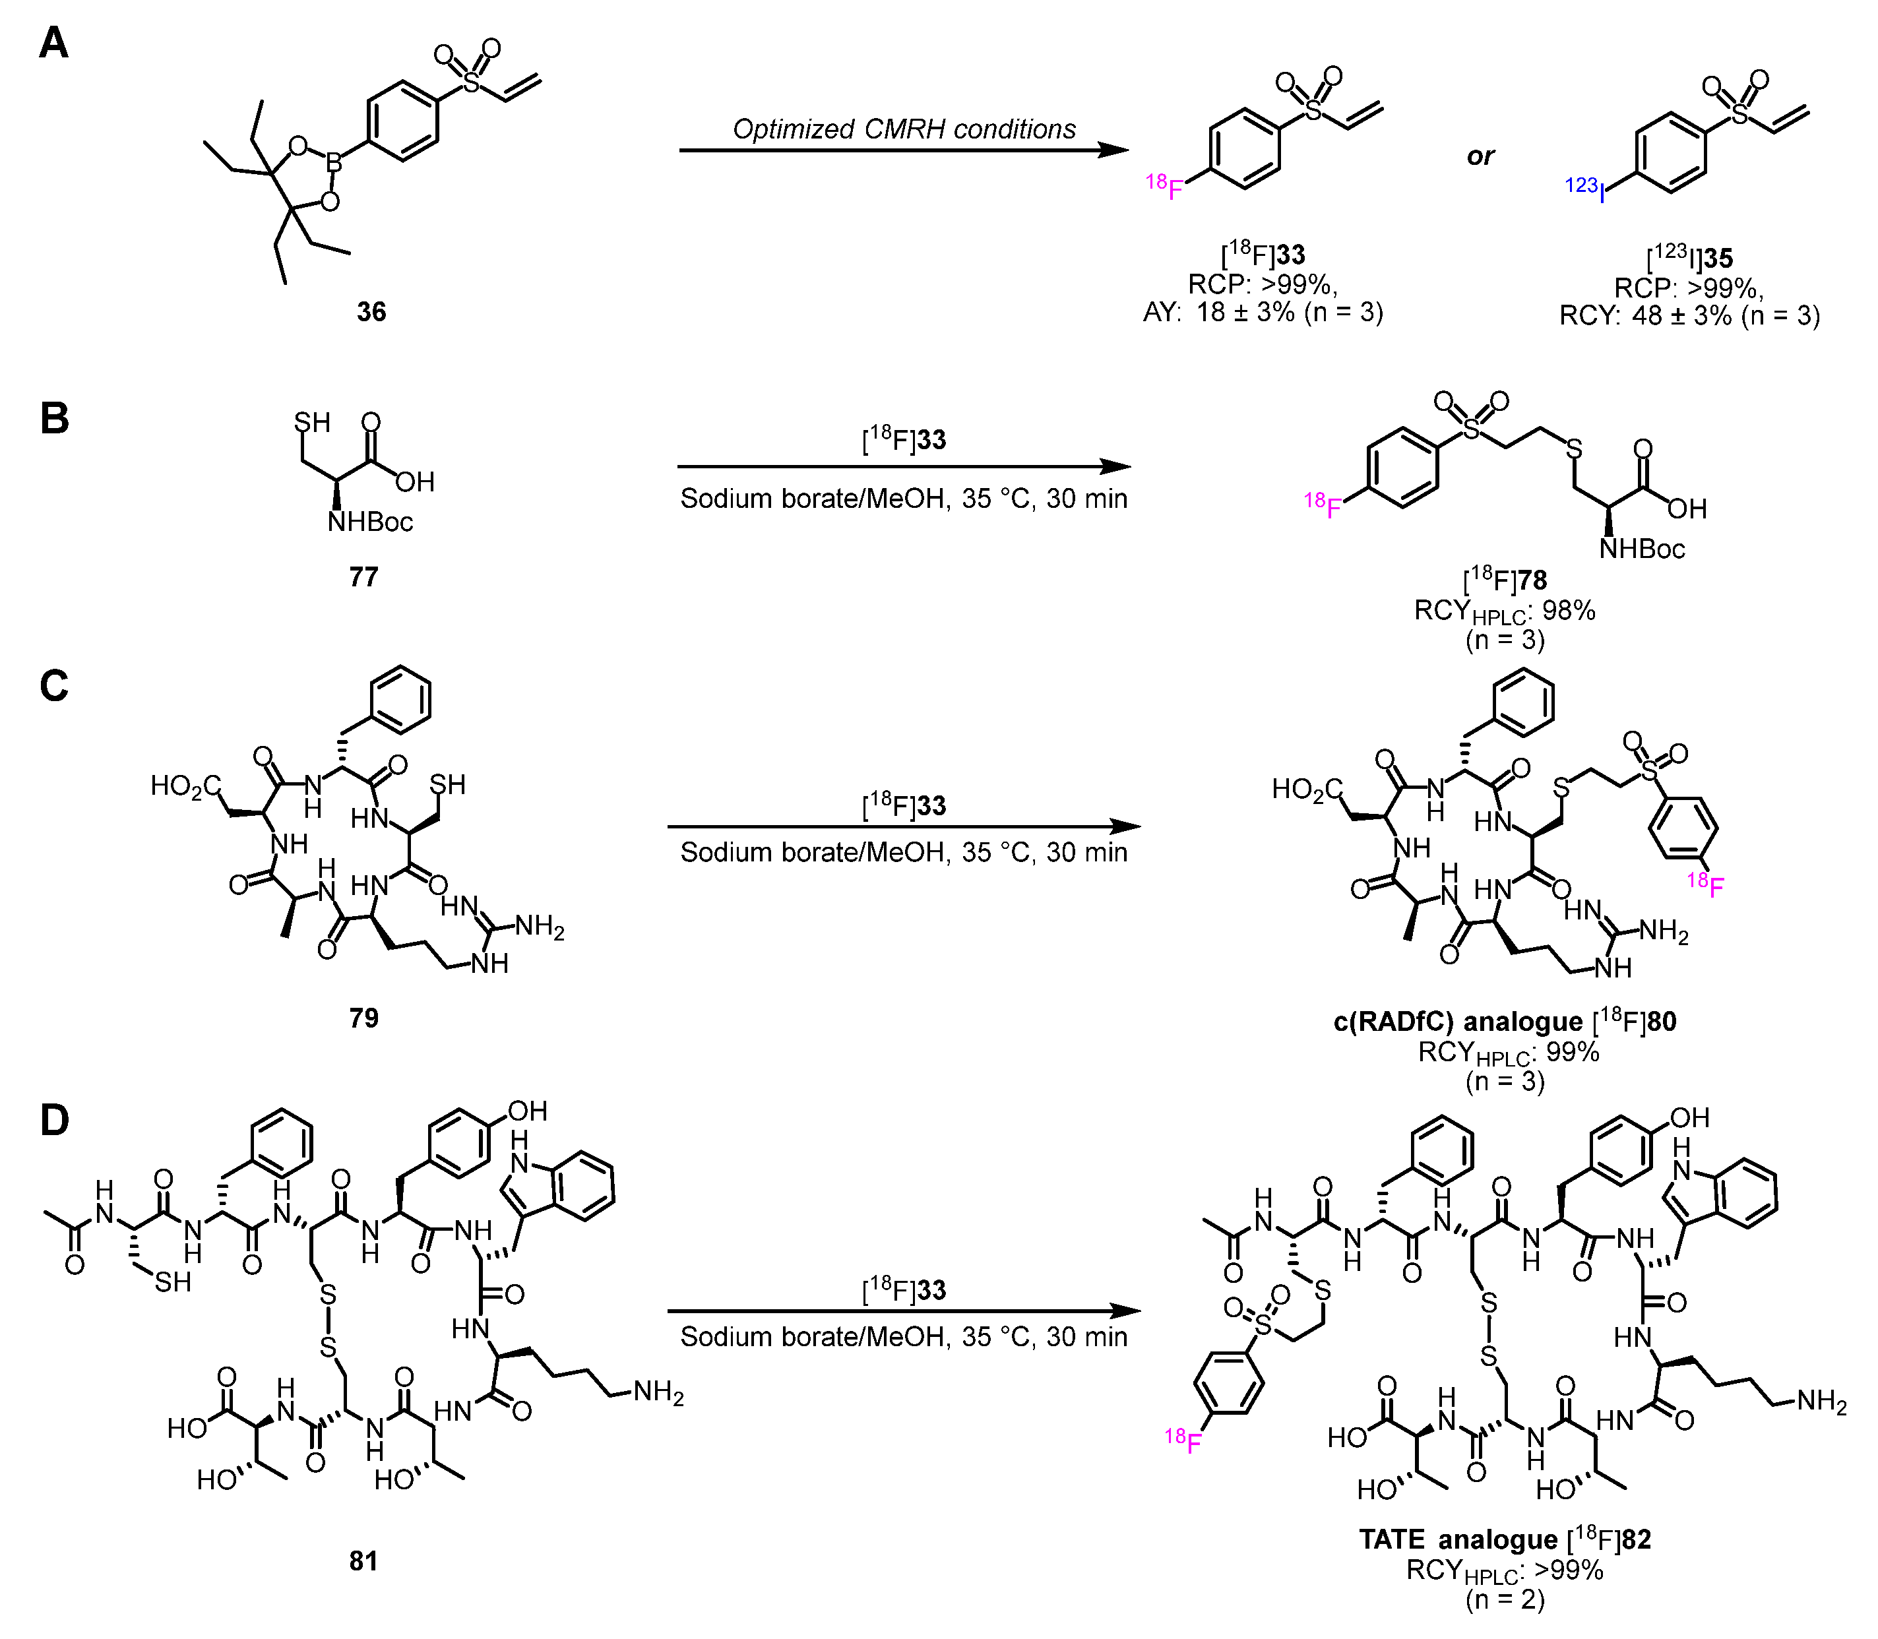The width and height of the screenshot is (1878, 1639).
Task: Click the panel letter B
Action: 55,418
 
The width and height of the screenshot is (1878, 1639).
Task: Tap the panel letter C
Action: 54,686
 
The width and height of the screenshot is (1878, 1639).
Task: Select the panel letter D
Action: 55,1119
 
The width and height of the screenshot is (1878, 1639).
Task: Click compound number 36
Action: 371,312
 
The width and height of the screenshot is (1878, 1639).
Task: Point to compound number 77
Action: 363,577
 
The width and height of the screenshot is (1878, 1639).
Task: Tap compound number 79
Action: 363,1018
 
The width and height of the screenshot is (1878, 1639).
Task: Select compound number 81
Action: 363,1561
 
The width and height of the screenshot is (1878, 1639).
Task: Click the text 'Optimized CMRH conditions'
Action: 904,129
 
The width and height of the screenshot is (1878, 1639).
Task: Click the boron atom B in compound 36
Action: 334,165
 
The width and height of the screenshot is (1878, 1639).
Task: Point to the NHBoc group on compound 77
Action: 371,522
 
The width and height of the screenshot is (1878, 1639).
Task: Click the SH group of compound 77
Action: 312,423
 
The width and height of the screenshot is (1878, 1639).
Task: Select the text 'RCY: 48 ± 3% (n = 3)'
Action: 1689,315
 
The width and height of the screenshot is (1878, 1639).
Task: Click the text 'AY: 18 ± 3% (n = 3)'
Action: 1263,313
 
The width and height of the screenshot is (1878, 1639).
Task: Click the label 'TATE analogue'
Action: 1457,1540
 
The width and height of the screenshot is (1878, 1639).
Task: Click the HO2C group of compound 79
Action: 186,786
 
